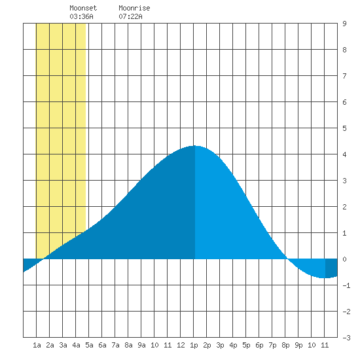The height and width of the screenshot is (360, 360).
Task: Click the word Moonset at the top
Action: (83, 8)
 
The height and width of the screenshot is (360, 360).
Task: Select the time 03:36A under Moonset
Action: (82, 16)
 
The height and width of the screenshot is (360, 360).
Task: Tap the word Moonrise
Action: (134, 8)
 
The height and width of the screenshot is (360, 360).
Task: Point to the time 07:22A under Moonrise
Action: (130, 16)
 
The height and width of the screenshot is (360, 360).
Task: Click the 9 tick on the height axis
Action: (344, 24)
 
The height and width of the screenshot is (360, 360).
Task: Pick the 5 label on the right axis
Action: (344, 128)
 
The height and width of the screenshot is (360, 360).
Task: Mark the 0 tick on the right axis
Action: (344, 259)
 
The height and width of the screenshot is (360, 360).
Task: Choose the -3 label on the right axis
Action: (346, 338)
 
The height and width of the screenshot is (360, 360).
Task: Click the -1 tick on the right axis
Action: (346, 285)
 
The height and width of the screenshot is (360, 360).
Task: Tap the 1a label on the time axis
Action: (37, 345)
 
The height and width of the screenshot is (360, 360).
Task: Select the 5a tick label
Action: (89, 345)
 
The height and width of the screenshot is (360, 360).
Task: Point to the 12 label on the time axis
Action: (181, 345)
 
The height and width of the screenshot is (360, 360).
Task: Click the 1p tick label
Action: (194, 345)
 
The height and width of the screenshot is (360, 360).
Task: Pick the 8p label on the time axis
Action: (285, 345)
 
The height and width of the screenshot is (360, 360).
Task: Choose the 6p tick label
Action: (259, 345)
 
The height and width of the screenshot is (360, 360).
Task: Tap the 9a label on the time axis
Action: (141, 345)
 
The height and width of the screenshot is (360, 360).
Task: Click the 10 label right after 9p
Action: (312, 345)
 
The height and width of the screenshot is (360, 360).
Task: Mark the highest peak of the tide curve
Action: (194, 145)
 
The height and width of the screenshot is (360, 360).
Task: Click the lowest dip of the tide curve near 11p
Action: (323, 278)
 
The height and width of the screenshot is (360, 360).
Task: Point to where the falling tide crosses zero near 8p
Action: (287, 259)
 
